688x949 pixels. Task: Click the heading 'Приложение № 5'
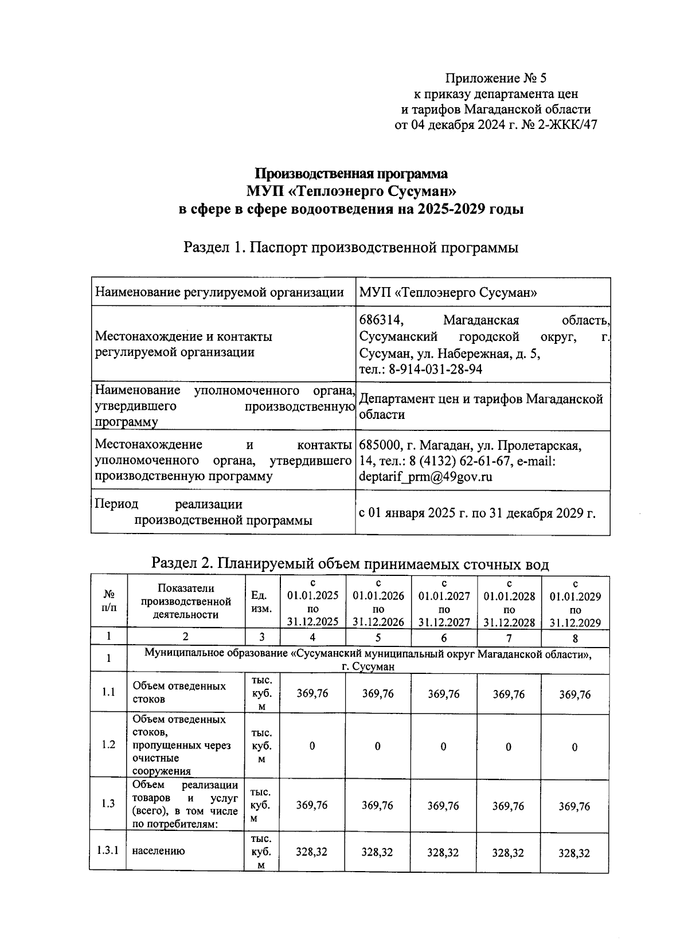(497, 79)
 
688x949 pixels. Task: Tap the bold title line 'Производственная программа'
(351, 173)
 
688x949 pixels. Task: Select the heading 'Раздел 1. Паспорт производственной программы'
(350, 248)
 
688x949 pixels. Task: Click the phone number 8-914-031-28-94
(435, 369)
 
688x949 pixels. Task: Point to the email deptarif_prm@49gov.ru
(425, 476)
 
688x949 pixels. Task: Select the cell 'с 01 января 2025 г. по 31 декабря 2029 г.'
(476, 513)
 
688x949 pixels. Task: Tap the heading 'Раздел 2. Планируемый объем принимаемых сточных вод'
(350, 564)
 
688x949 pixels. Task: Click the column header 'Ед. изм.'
(261, 602)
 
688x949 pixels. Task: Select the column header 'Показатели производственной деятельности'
(186, 602)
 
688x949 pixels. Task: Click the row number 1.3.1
(108, 850)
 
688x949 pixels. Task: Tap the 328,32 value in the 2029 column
(574, 853)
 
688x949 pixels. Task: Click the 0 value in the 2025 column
(312, 746)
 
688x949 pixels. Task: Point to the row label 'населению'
(158, 851)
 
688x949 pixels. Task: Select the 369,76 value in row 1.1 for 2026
(378, 693)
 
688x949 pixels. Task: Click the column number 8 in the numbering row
(575, 638)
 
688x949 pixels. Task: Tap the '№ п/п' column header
(108, 602)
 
